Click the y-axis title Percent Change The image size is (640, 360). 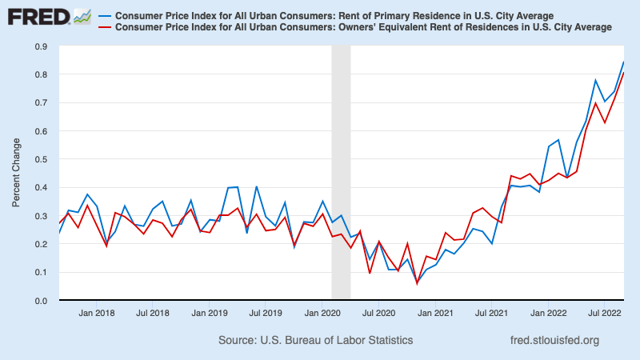click(17, 174)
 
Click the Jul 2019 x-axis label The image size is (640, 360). click(265, 314)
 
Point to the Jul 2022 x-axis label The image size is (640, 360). click(602, 314)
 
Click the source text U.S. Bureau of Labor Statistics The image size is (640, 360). click(315, 340)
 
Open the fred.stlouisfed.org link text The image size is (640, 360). click(554, 340)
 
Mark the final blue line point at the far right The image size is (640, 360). click(624, 62)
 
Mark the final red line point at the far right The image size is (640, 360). click(624, 73)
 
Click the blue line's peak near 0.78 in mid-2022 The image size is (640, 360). click(595, 80)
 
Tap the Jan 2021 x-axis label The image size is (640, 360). click(434, 314)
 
